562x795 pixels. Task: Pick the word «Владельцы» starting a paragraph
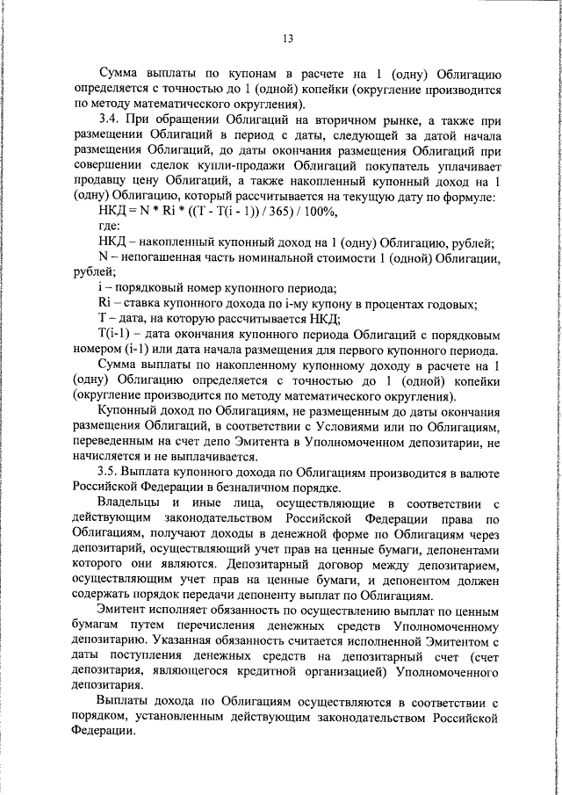click(x=130, y=503)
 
